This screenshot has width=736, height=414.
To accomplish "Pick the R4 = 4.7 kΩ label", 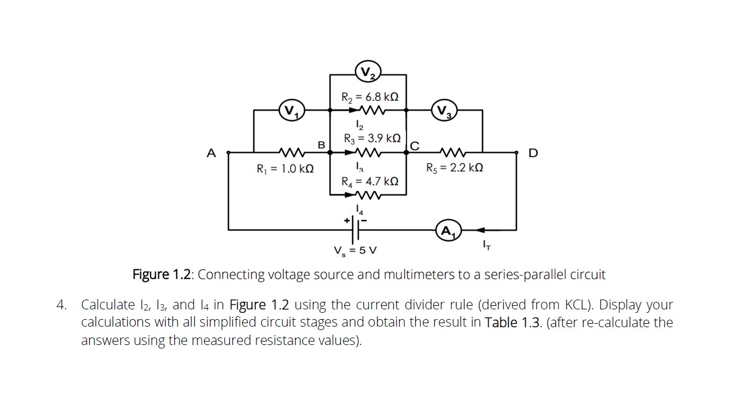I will tap(370, 182).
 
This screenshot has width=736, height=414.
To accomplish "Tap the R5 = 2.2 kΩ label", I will tap(454, 168).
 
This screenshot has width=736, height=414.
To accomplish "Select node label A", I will tap(212, 154).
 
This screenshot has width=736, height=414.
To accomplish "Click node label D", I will tap(533, 154).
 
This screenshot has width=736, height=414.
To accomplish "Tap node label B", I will tap(322, 143).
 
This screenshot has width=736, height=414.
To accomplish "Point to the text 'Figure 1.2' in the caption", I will tap(163, 274).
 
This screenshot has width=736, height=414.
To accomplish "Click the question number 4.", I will tap(62, 305).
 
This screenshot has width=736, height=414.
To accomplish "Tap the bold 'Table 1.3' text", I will tap(512, 322).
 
